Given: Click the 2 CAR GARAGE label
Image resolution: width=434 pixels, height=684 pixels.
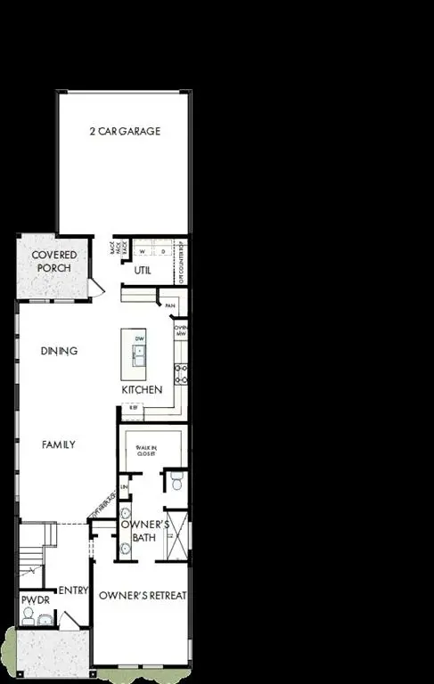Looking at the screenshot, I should pos(124,131).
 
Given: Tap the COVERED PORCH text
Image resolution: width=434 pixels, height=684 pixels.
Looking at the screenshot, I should pos(54,262).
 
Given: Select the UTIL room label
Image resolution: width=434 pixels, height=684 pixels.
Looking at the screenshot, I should pos(142,270).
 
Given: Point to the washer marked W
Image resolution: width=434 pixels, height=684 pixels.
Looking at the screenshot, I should pos(141,252).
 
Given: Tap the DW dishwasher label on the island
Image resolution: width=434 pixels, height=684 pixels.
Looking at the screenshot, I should pos(139,339).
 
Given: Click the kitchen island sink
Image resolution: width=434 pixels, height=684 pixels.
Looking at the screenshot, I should pos(139,355).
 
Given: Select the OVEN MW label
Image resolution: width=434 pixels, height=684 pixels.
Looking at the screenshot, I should pos(179,331).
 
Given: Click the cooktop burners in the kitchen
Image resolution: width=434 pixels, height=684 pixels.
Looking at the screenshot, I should pos(181,373).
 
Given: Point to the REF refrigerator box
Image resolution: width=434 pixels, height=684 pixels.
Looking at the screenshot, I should pos(133,411).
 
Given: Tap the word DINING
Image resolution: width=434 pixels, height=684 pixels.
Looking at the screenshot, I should pos(60,351).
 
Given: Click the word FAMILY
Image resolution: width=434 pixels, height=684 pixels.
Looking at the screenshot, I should pos(58,444).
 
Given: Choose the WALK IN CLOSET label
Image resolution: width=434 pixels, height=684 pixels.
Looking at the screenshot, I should pos(146,450).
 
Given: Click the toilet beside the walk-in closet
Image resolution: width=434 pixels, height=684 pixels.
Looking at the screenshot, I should pos(176,482).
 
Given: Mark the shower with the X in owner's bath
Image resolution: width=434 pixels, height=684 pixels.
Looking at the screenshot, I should pos(176,535).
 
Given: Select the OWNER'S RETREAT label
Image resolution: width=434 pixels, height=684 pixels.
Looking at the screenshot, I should pos(142,595).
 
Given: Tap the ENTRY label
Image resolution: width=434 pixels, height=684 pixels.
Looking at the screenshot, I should pos(70,590).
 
